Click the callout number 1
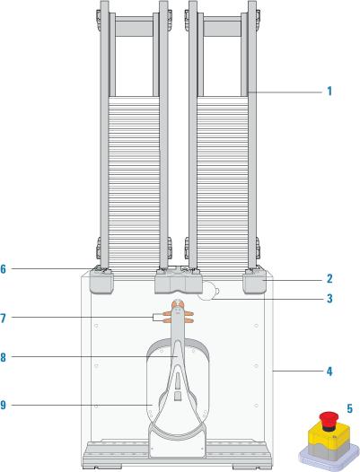[x=329, y=91]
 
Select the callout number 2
[x=329, y=279]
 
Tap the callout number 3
[x=329, y=298]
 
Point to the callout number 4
[x=329, y=371]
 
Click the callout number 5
[x=350, y=408]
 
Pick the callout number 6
[x=3, y=269]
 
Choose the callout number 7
[x=3, y=318]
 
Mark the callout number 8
[x=3, y=358]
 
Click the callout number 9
[x=3, y=405]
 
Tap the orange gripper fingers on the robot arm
[x=179, y=313]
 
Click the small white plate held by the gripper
[x=158, y=318]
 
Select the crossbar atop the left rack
[x=134, y=27]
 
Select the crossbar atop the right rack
[x=223, y=27]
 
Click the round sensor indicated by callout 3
[x=208, y=291]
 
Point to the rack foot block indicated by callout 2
[x=255, y=282]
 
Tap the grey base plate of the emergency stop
[x=329, y=457]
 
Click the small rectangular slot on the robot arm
[x=178, y=396]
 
